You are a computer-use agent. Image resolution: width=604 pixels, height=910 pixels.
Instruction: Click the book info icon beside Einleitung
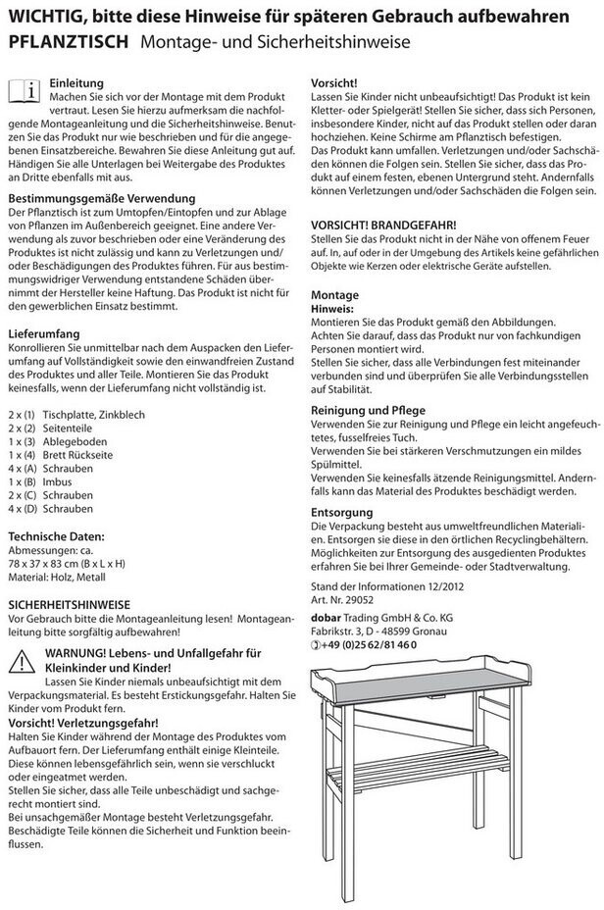pos(25,92)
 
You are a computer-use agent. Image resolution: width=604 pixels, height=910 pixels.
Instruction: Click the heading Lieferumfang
pos(45,333)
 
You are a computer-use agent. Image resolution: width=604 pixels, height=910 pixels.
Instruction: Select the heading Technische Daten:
pos(56,536)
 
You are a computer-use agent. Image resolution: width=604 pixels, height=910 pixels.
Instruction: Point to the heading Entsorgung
pos(341,512)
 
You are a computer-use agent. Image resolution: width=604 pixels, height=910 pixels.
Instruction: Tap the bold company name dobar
pos(327,616)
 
